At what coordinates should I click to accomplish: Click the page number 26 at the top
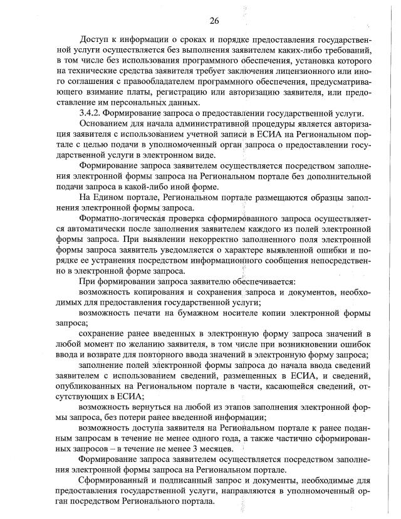click(x=214, y=21)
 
